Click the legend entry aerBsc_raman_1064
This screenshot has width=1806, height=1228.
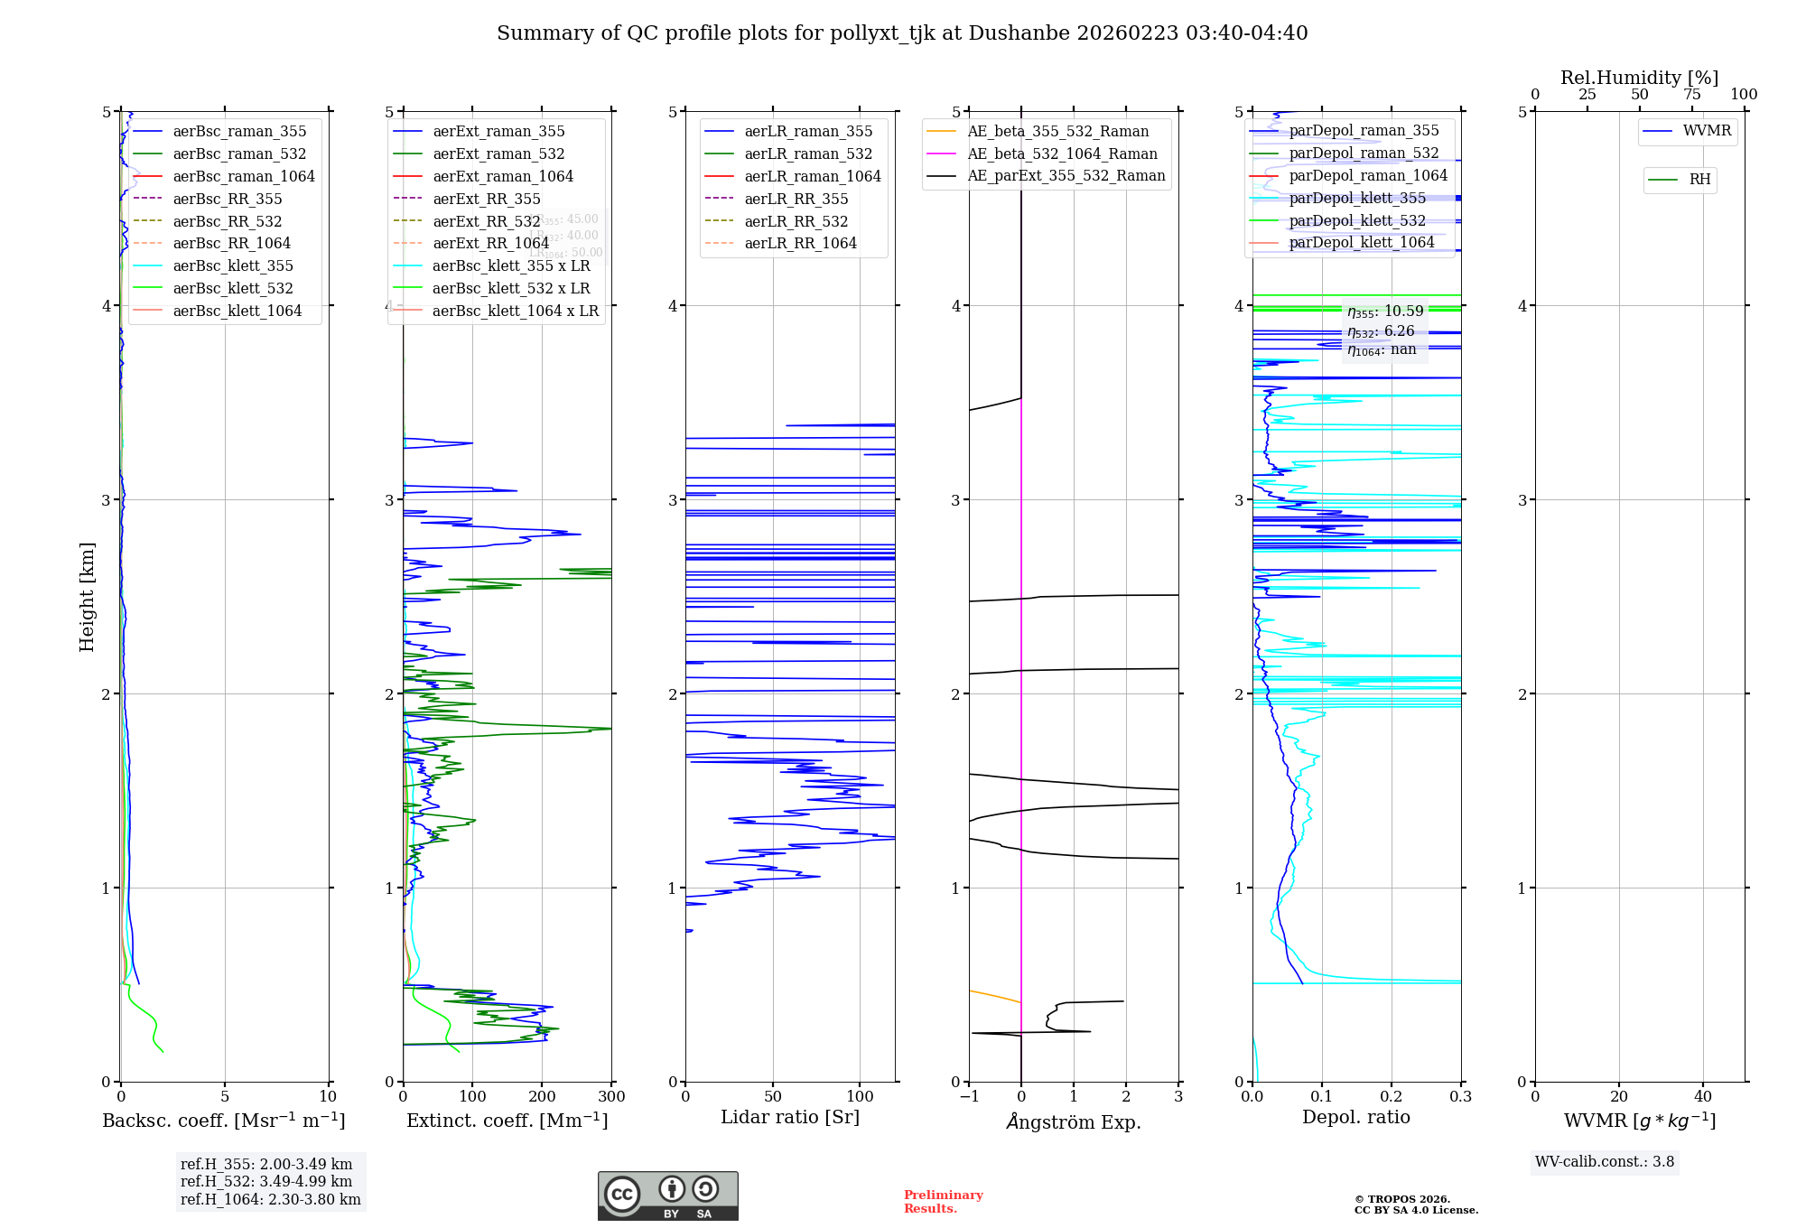244,176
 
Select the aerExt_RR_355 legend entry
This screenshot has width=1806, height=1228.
486,199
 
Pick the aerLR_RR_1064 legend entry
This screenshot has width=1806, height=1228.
800,243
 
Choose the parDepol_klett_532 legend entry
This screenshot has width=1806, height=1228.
1357,220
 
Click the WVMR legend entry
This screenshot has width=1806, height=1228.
1707,131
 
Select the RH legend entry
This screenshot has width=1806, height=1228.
1699,180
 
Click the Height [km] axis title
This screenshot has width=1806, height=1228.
87,597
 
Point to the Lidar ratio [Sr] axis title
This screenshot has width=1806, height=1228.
790,1117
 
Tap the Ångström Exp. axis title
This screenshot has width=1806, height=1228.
1074,1121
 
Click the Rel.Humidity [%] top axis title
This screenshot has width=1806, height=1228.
1639,78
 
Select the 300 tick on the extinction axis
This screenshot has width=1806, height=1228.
611,1097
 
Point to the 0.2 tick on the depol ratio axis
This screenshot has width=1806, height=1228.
1392,1097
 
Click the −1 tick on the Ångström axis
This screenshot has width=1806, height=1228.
969,1097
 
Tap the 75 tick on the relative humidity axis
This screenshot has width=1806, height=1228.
1691,95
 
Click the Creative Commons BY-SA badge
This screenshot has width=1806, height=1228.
667,1195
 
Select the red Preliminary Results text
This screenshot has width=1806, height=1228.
943,1202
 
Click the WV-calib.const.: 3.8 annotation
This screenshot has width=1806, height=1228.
1604,1162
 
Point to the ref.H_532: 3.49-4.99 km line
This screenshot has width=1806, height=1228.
266,1182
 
